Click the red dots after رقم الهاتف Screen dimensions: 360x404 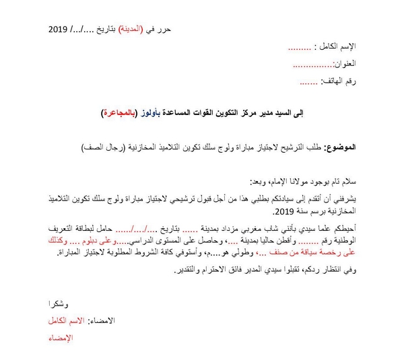point(308,82)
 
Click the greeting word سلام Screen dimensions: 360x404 point(348,181)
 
